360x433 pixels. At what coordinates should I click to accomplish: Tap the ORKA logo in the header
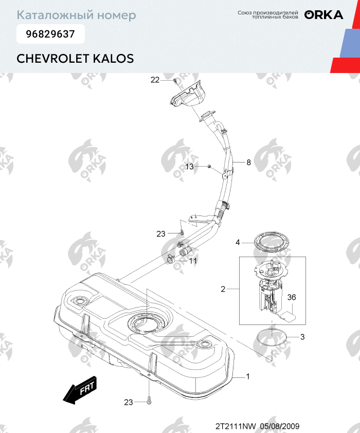tap(323, 15)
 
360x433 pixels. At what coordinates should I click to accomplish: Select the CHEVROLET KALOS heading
tap(75, 58)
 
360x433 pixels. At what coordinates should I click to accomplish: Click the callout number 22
tap(155, 80)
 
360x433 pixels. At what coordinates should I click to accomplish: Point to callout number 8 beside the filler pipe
tap(248, 163)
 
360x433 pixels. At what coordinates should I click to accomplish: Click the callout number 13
tap(190, 167)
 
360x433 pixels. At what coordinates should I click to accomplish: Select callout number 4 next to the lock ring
tap(238, 242)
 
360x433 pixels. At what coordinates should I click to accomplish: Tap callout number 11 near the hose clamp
tap(193, 261)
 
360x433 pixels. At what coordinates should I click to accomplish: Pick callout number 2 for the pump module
tap(223, 289)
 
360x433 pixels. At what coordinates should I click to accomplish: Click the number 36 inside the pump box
tap(292, 297)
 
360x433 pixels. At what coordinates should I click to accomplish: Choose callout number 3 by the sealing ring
tap(302, 337)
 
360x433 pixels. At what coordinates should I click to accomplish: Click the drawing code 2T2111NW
tap(235, 426)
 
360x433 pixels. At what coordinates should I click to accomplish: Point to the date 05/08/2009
tap(280, 426)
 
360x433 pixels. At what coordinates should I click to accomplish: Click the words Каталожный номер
tap(77, 15)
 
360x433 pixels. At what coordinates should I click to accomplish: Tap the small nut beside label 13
tap(210, 166)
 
